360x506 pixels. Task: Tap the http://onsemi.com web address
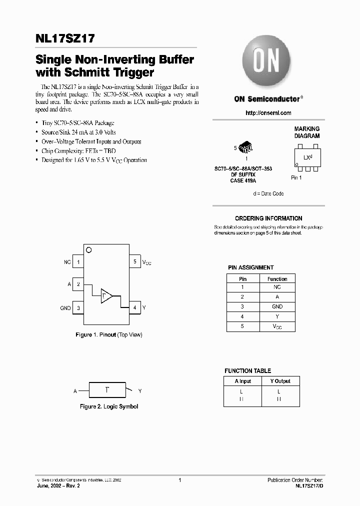(268, 113)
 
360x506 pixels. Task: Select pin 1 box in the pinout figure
(78, 261)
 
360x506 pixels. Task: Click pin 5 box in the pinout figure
(134, 261)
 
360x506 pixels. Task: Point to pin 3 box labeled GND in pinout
(78, 308)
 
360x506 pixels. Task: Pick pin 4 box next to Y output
(134, 308)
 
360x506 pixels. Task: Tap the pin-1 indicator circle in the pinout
(88, 249)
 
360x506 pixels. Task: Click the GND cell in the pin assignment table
(277, 306)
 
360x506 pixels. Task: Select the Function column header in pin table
(277, 279)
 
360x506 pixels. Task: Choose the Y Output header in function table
(280, 381)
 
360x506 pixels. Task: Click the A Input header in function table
(243, 381)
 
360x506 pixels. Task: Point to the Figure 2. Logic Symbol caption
(109, 406)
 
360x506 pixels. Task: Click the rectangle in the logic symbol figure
(107, 389)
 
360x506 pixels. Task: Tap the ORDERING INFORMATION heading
(268, 218)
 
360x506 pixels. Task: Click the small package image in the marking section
(245, 147)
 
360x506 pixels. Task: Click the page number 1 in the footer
(179, 480)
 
